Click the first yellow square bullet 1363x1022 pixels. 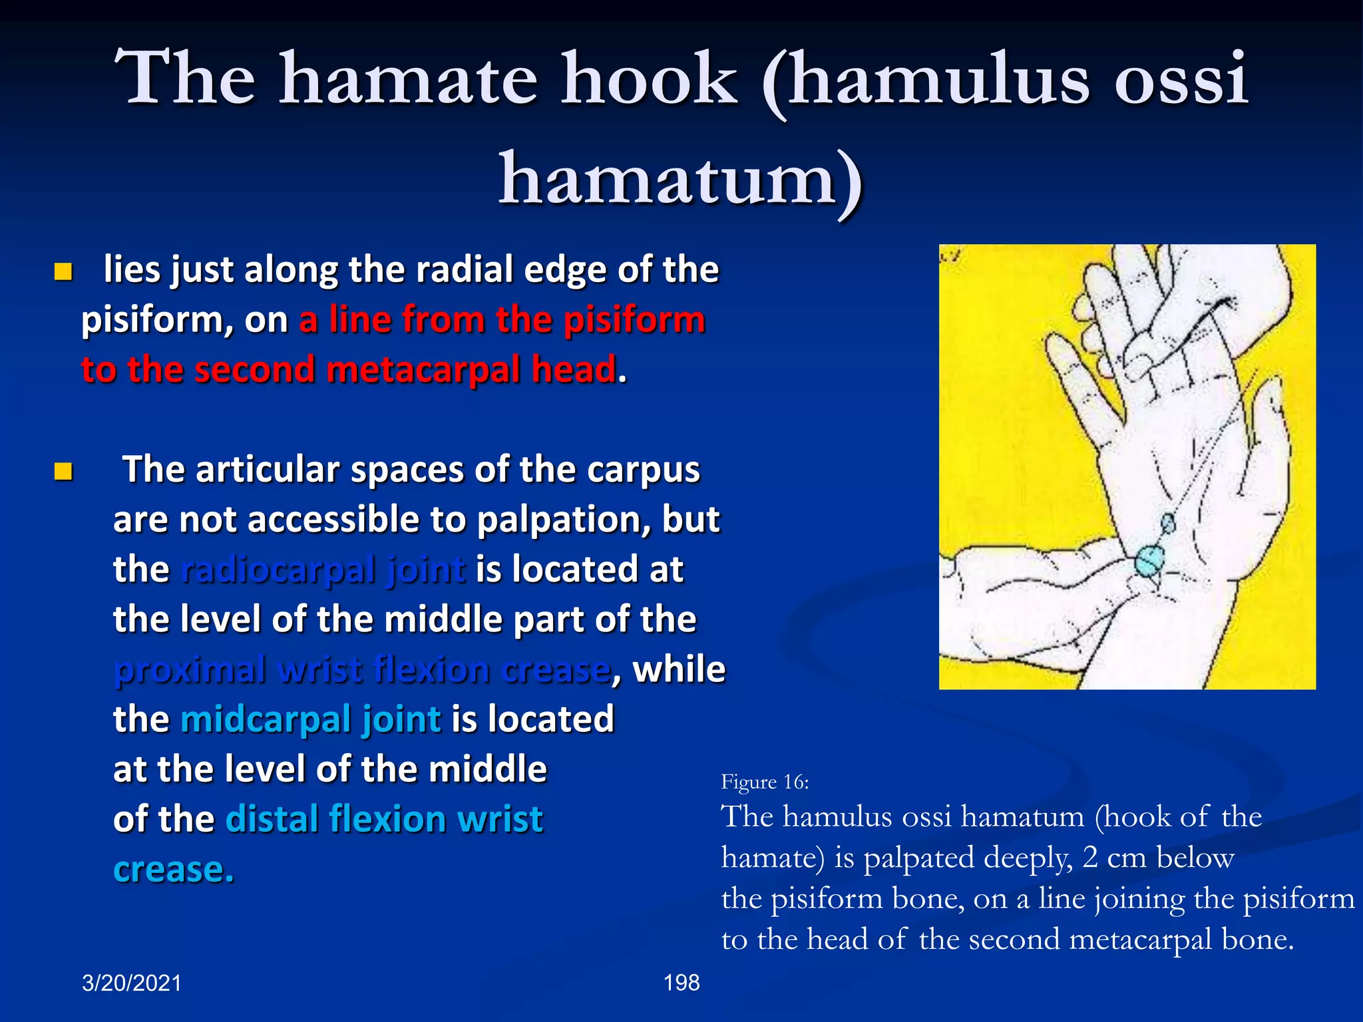tap(63, 271)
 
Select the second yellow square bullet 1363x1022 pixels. tap(63, 472)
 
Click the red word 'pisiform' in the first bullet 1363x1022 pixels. tap(634, 319)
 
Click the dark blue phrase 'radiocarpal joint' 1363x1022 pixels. tap(323, 570)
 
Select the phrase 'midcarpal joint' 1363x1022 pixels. tap(310, 719)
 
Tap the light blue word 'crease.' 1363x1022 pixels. tap(174, 869)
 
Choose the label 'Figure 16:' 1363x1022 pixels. tap(765, 782)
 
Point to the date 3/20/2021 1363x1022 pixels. tap(132, 983)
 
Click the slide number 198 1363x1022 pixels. tap(681, 983)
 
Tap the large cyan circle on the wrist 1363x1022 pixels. tap(1149, 560)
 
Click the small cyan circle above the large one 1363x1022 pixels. tap(1168, 523)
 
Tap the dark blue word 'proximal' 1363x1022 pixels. tap(190, 669)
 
